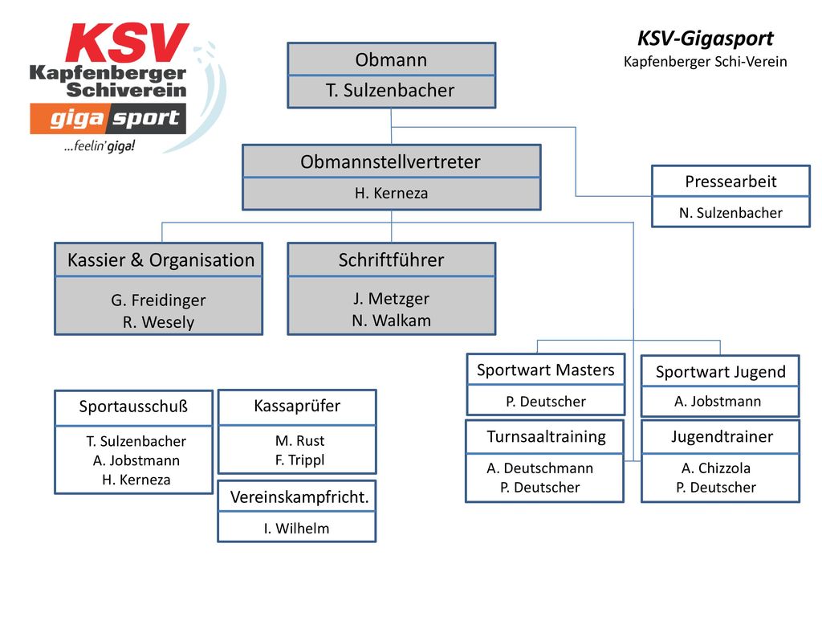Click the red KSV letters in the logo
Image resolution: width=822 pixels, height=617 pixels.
tap(128, 43)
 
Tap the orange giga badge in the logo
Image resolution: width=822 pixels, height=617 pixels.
tap(69, 119)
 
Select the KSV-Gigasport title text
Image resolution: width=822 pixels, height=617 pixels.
tap(705, 39)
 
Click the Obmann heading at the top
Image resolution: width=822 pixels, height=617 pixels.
tap(391, 59)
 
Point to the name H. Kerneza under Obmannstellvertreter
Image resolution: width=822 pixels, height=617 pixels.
tap(391, 193)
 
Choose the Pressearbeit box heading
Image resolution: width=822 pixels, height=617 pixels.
tap(730, 182)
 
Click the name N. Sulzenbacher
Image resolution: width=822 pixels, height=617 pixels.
tap(730, 212)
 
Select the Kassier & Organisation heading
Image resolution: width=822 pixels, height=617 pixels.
tap(161, 260)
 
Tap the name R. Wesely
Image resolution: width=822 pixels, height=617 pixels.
tap(158, 321)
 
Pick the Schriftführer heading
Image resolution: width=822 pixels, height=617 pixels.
tap(391, 259)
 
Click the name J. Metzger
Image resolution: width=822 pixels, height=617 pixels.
tap(391, 299)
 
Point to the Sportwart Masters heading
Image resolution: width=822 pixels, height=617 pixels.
tap(545, 370)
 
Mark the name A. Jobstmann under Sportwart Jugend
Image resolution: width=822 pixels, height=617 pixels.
tap(718, 402)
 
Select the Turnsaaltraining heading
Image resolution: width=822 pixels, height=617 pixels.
tap(546, 436)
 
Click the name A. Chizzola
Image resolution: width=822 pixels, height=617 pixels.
tap(716, 468)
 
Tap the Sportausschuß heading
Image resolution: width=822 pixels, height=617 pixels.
tap(133, 407)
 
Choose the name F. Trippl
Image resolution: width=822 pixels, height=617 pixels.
tap(300, 460)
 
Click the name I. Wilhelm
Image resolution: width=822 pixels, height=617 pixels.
tap(297, 529)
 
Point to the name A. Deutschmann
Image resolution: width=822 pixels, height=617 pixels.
tap(540, 468)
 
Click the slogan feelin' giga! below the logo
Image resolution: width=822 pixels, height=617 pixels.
tap(100, 146)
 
